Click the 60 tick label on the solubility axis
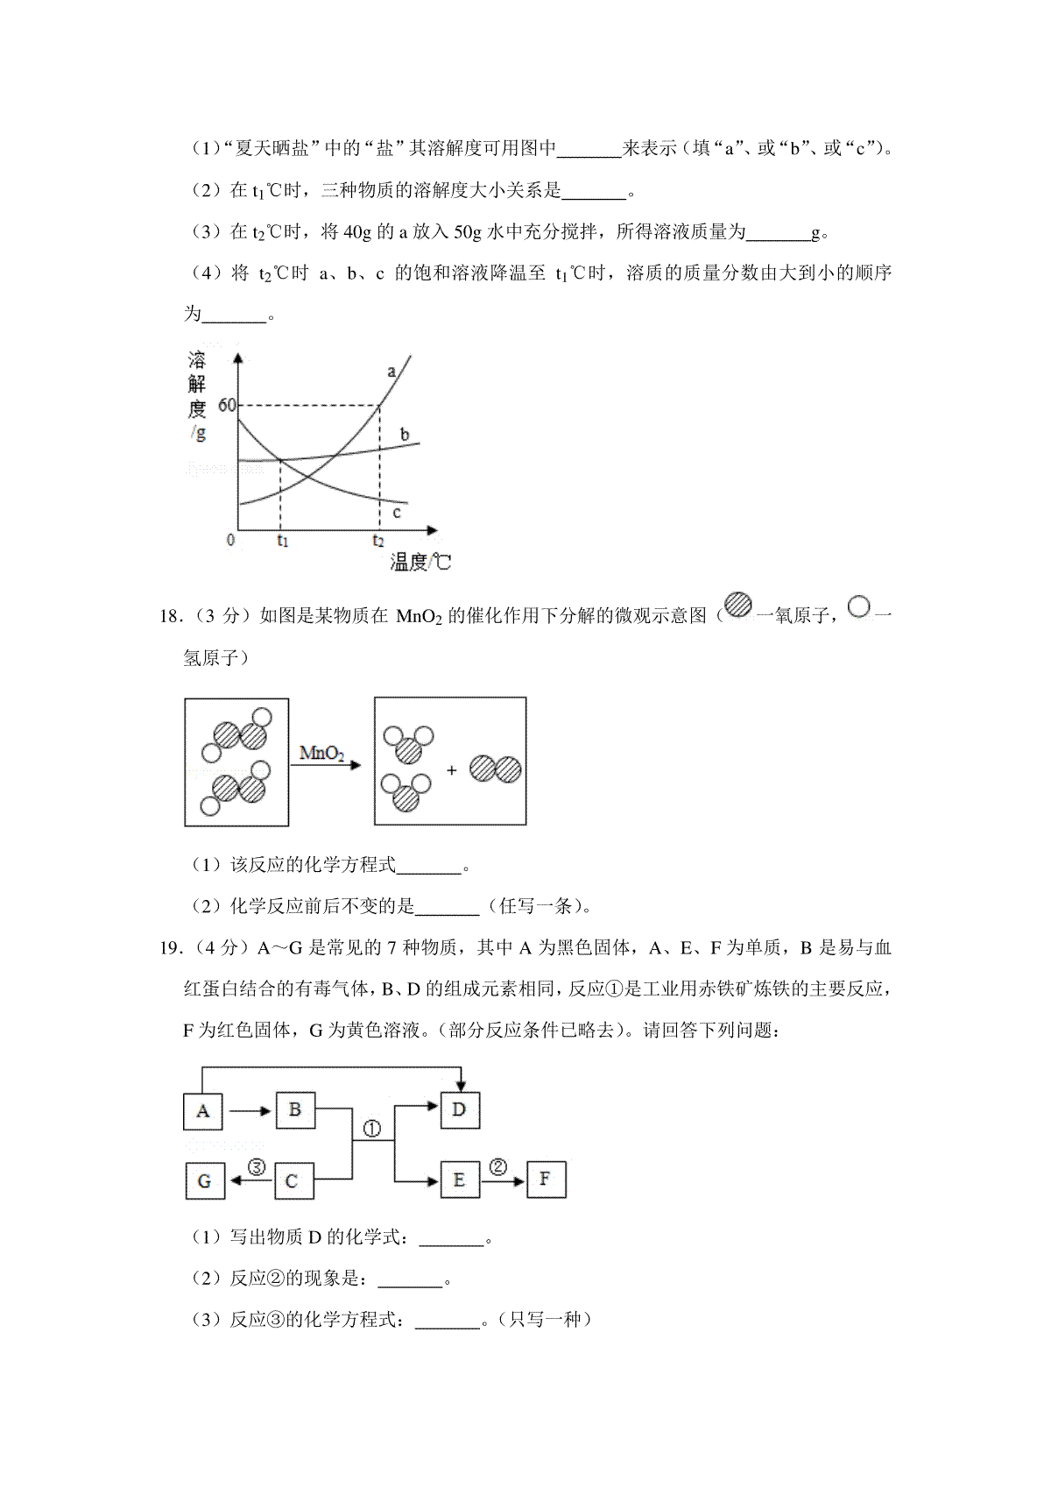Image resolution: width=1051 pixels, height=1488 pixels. click(227, 405)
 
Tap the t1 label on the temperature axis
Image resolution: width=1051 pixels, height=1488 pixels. click(282, 541)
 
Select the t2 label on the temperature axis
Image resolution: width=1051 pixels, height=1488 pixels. click(378, 541)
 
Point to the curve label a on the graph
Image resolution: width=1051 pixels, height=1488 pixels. click(391, 372)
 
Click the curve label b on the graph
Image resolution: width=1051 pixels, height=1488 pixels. click(405, 434)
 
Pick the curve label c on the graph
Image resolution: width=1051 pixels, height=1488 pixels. click(396, 512)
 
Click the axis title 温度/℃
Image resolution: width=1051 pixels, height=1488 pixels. click(420, 562)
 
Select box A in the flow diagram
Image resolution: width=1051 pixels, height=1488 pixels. click(203, 1111)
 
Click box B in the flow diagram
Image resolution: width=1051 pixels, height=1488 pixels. click(295, 1109)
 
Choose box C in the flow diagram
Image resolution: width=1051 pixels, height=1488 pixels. click(293, 1180)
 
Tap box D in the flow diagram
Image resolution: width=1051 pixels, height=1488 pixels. click(458, 1109)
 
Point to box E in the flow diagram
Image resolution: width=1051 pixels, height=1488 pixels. click(459, 1180)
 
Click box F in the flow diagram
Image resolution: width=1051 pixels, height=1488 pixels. click(546, 1180)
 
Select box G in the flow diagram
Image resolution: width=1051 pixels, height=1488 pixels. click(205, 1180)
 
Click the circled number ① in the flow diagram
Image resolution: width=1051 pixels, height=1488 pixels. click(372, 1129)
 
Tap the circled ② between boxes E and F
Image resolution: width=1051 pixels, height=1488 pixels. click(498, 1166)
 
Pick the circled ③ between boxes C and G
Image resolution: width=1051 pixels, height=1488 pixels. click(257, 1166)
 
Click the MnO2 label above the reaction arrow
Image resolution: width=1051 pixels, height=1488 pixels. click(321, 753)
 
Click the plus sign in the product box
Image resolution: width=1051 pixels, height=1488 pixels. click(452, 770)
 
